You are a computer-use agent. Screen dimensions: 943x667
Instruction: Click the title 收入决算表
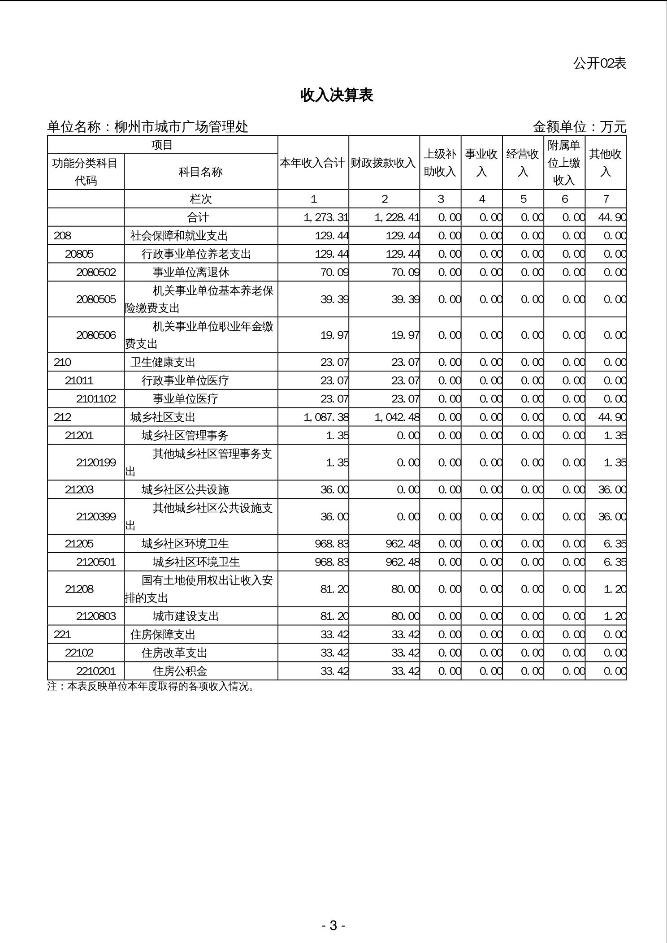[337, 95]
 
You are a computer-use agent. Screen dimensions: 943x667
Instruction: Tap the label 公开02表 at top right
[599, 64]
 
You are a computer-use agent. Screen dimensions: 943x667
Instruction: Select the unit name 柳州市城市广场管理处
[181, 127]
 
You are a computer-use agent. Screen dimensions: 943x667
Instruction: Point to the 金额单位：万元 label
[579, 127]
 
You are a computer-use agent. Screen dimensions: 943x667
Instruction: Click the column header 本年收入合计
[313, 163]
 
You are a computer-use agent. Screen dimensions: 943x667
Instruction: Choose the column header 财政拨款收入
[384, 163]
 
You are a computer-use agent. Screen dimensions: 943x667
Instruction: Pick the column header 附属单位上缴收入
[564, 163]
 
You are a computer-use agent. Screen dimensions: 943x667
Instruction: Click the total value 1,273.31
[326, 217]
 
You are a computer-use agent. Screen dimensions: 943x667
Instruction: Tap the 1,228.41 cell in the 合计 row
[397, 217]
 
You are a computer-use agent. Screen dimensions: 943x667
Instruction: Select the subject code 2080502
[96, 272]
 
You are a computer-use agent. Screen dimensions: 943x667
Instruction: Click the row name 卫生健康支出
[163, 362]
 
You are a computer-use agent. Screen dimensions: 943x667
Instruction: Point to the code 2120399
[96, 516]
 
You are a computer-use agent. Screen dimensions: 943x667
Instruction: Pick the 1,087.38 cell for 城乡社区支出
[326, 417]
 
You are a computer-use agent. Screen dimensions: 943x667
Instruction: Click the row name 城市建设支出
[186, 616]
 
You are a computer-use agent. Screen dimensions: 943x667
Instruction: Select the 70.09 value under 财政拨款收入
[405, 272]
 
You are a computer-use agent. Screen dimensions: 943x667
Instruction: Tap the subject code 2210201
[96, 671]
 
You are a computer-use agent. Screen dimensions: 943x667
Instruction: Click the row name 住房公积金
[180, 671]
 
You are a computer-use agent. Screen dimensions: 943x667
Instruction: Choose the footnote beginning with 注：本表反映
[151, 687]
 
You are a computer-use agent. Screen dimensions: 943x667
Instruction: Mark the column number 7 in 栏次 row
[606, 199]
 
